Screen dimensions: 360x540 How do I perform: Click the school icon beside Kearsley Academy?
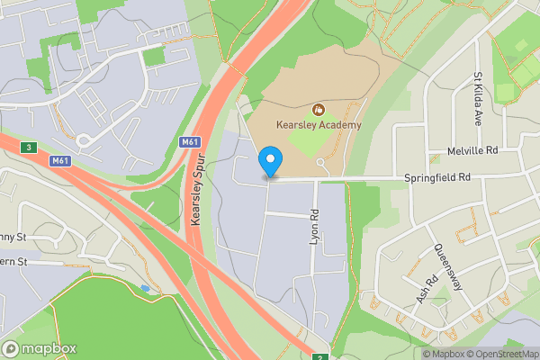pos(317,110)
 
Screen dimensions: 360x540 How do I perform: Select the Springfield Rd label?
pos(437,178)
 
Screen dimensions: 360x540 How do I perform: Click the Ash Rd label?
pos(426,289)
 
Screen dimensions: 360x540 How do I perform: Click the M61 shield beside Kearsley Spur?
pos(189,141)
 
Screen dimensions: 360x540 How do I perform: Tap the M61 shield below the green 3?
pos(59,161)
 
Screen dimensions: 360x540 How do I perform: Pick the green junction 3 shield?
pos(30,147)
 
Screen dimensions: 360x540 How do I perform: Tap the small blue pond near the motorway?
pos(146,288)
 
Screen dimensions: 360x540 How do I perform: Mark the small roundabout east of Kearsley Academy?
pos(322,163)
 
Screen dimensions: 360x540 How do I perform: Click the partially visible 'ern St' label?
pos(16,262)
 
